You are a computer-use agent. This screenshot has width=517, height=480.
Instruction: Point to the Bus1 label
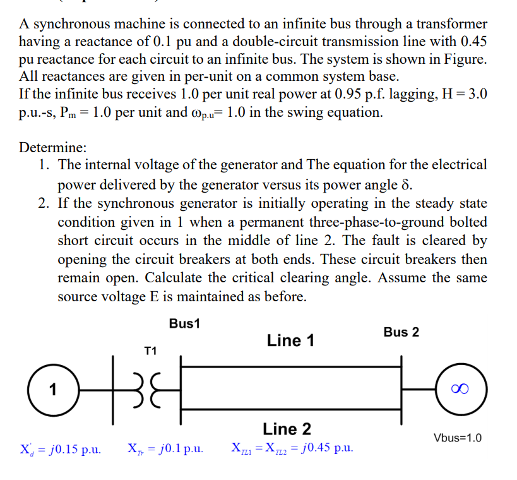184,324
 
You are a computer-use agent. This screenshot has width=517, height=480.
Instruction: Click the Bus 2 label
401,332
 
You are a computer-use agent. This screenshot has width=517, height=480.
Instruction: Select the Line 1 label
290,340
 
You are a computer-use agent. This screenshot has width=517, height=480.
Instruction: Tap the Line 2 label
287,429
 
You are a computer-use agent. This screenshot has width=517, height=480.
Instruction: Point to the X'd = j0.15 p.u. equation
61,449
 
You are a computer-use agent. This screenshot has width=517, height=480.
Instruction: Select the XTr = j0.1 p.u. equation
165,449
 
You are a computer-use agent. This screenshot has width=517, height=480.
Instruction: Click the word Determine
52,148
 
